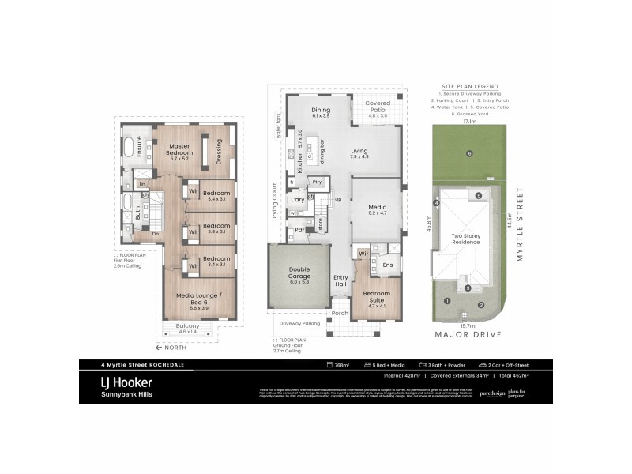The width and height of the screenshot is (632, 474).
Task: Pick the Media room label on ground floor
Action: (x=376, y=206)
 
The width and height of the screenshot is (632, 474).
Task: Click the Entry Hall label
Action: (x=340, y=280)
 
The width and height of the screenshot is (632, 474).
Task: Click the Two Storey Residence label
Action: (x=466, y=240)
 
